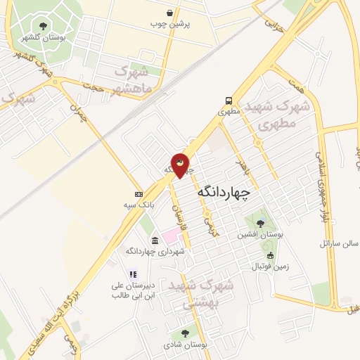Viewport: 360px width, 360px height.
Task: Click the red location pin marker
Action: tap(180, 165)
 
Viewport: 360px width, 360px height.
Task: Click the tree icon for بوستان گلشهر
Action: tap(44, 26)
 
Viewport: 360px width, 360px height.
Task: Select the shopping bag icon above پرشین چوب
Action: tap(171, 13)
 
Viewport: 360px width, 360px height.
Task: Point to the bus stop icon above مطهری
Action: tap(229, 101)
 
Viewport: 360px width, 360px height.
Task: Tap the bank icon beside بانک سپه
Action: tap(139, 194)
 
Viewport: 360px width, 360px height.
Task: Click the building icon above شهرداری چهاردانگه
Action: tap(155, 240)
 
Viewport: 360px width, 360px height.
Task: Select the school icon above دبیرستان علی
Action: tap(132, 275)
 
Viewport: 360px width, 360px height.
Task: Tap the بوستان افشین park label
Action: tap(259, 234)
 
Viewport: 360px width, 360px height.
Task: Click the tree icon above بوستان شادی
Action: tap(185, 334)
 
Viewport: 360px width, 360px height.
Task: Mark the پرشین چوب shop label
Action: tap(170, 24)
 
